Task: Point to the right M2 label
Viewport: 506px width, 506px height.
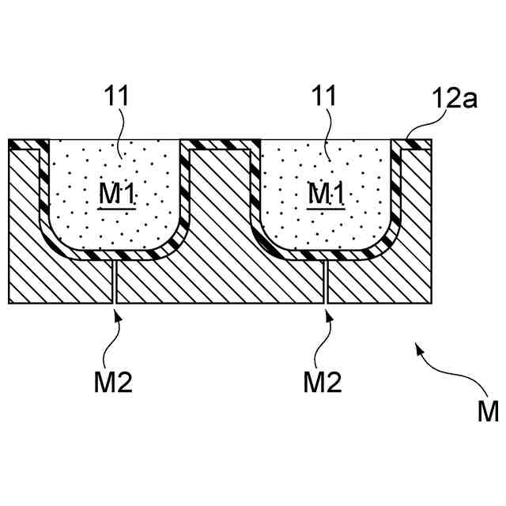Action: pos(323,383)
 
